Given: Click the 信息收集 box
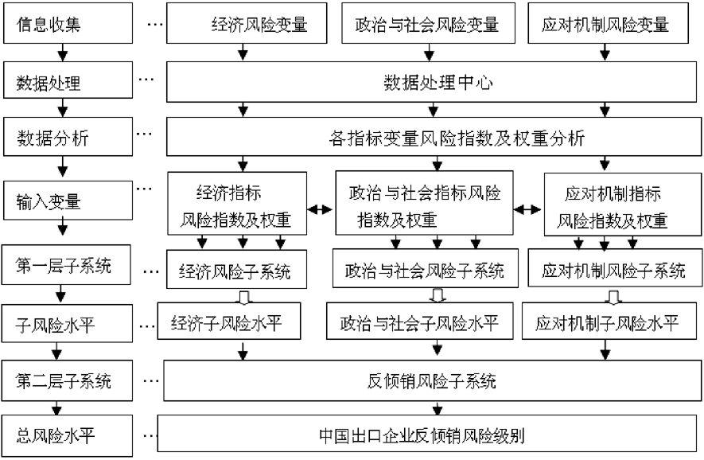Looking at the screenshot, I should point(63,23).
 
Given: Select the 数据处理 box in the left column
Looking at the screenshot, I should point(63,81).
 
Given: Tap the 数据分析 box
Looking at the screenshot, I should point(63,138).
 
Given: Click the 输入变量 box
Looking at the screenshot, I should point(63,200).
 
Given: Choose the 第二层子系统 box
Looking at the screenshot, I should point(63,380).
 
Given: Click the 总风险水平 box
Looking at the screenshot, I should point(63,435).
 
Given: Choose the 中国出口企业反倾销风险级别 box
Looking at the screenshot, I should point(430,435).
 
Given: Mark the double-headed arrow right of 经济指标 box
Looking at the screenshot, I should point(320,209).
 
